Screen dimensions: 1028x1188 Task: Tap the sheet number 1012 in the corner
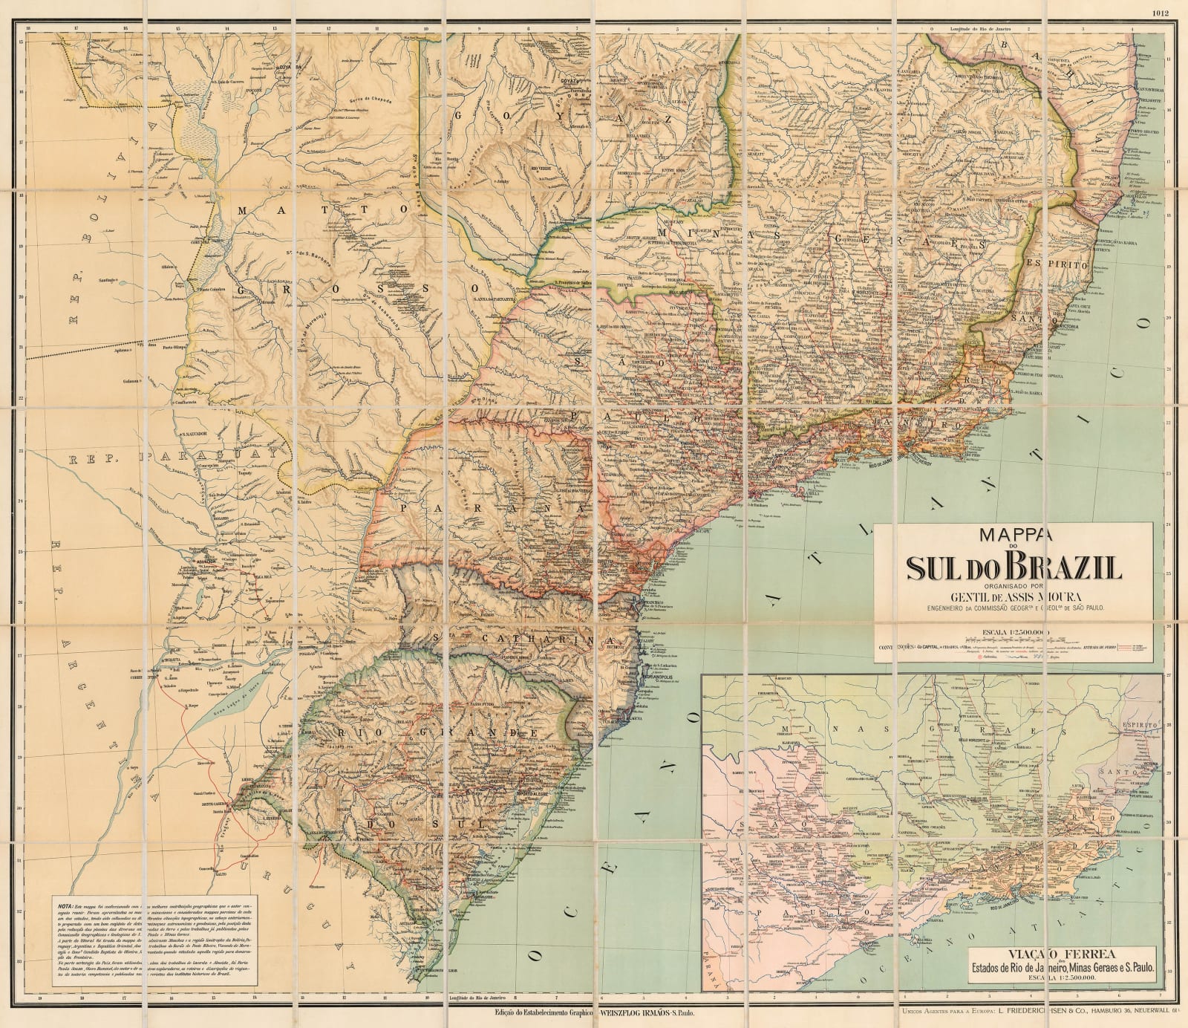[1162, 12]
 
